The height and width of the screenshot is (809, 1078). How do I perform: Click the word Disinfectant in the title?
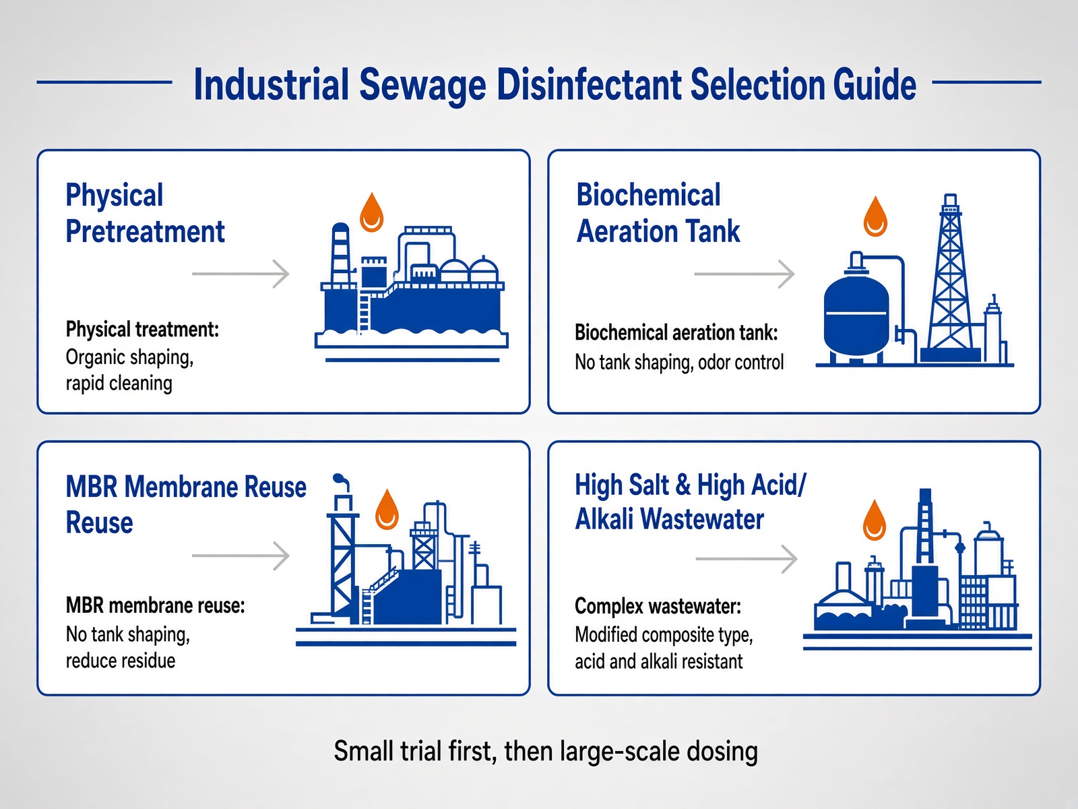click(588, 84)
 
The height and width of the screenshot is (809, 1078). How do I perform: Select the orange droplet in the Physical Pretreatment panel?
click(371, 212)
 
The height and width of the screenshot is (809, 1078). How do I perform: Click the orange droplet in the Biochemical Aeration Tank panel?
click(875, 216)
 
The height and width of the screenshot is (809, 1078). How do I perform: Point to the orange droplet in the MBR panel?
click(387, 509)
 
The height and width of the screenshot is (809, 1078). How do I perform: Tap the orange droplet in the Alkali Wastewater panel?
click(875, 520)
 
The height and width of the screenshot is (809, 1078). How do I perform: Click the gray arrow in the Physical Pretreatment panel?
click(240, 274)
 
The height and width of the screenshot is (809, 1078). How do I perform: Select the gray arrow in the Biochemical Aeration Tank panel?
click(744, 274)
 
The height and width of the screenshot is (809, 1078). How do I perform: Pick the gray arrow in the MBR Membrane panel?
click(240, 556)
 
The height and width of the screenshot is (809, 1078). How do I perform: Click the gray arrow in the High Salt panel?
click(746, 558)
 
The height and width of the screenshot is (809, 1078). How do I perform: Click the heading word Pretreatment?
click(145, 231)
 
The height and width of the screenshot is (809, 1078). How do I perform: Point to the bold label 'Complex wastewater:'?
click(658, 606)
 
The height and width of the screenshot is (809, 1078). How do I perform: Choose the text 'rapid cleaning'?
click(119, 384)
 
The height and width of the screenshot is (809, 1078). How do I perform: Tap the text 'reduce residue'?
click(121, 661)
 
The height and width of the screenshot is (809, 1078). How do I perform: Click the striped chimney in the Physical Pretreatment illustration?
click(340, 253)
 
